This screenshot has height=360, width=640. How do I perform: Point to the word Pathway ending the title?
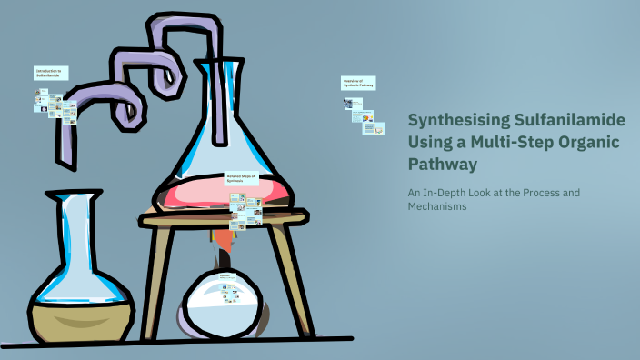coord(442,165)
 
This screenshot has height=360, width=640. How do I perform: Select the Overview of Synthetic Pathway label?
coord(358,83)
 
